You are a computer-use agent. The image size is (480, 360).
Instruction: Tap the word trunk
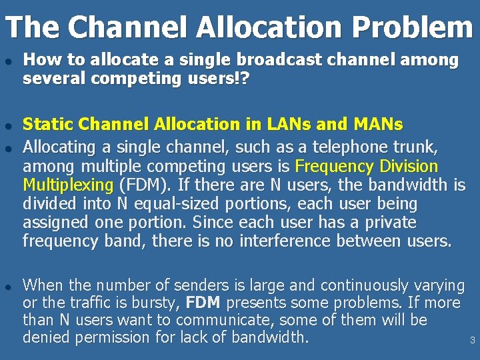pos(417,147)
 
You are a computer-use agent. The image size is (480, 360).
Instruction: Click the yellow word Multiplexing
pos(68,185)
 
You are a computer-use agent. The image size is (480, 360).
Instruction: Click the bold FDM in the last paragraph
pos(203,303)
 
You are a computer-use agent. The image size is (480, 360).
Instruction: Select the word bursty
pos(158,303)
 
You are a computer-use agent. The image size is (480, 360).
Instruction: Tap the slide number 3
pos(472,341)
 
